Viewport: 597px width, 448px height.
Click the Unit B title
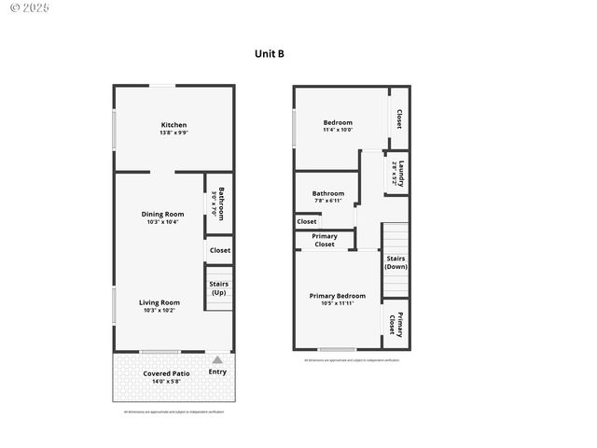click(x=270, y=54)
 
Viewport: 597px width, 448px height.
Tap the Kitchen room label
click(x=174, y=125)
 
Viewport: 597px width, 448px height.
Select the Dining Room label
click(x=162, y=214)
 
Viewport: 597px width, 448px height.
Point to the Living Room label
click(x=160, y=302)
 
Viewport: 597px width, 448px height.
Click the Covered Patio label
click(x=167, y=373)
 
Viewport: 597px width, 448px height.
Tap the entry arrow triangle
click(x=217, y=359)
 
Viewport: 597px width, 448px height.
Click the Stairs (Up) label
click(x=219, y=288)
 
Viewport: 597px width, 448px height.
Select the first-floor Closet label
click(x=220, y=250)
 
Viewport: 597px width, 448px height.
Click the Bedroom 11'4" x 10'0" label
click(x=338, y=122)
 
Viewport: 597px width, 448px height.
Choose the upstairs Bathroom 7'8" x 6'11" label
click(x=328, y=194)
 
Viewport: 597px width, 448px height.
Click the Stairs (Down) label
click(x=396, y=262)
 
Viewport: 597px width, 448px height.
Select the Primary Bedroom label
click(x=338, y=296)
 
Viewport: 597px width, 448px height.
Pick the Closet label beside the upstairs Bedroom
click(x=399, y=119)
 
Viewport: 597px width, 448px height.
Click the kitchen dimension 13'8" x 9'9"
click(x=174, y=133)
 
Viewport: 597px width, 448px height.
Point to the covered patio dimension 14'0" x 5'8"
click(x=167, y=381)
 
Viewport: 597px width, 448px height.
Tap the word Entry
click(x=217, y=372)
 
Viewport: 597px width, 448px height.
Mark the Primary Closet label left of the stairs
click(x=325, y=240)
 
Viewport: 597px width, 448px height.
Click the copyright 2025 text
click(x=30, y=8)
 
